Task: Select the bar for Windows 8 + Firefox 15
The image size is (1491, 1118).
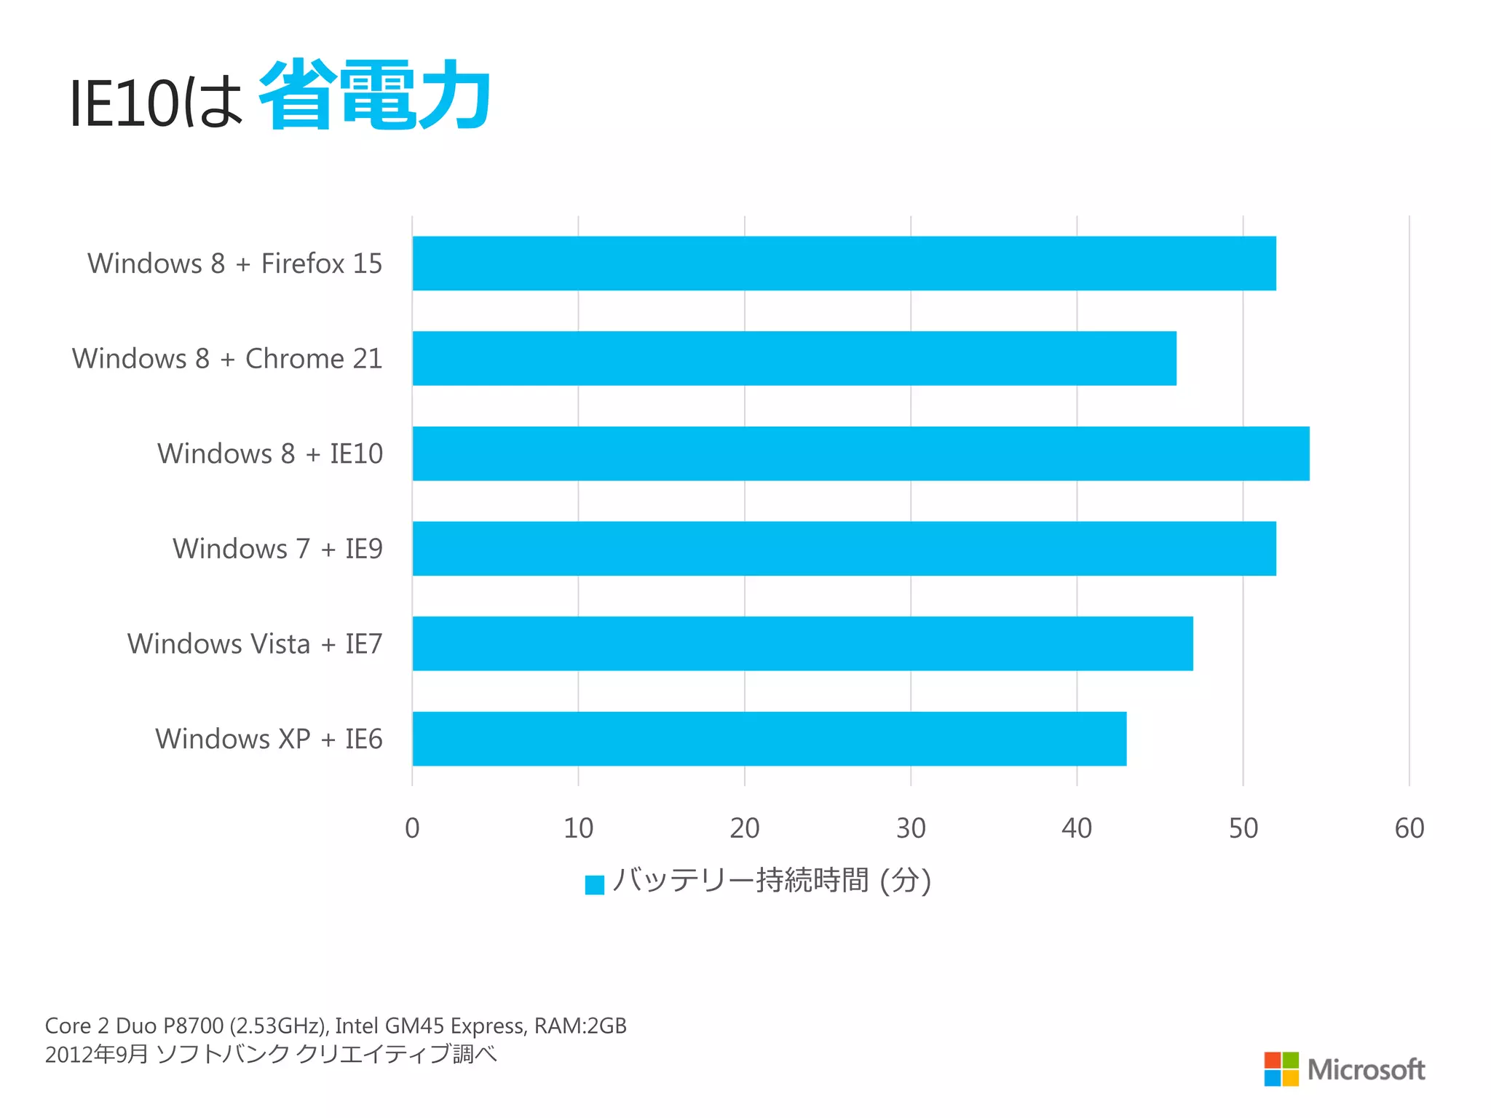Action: pos(845,263)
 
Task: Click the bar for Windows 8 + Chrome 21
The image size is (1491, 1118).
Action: pos(794,358)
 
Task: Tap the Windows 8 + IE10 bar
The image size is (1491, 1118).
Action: pos(861,453)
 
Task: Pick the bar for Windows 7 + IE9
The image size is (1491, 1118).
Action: pos(845,549)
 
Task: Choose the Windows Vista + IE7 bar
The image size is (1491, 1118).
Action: pos(802,643)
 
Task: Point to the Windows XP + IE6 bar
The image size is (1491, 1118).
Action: pos(769,739)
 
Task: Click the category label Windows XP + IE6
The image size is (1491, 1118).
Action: pos(269,739)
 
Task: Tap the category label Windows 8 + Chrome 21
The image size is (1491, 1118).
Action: pos(227,359)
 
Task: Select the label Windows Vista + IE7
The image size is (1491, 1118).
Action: pos(255,644)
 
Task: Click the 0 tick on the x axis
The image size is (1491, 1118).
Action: pos(412,828)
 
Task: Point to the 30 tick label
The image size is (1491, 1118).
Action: pos(911,828)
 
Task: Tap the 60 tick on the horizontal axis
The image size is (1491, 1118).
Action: pos(1409,828)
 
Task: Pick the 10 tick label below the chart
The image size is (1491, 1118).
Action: pos(579,828)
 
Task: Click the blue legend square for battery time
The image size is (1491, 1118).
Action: pos(595,884)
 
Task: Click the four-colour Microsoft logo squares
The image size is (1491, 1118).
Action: pos(1281,1069)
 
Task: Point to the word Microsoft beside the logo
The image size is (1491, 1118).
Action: pos(1367,1070)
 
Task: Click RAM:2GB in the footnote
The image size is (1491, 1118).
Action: pos(580,1026)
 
